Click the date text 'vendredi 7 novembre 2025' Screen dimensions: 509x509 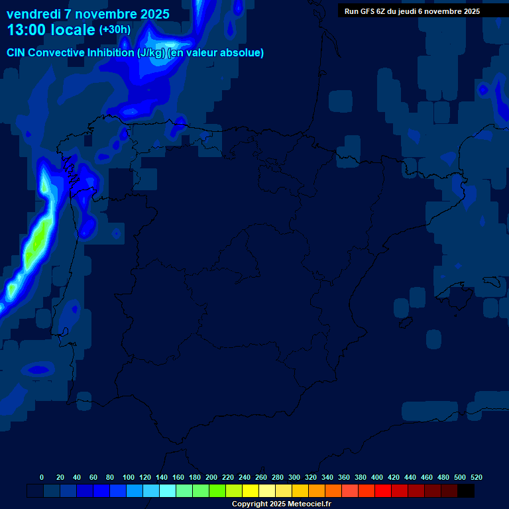[x=88, y=14]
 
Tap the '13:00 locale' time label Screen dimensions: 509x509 [x=51, y=30]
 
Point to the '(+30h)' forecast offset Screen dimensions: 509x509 [x=115, y=30]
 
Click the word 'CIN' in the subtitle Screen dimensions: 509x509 [x=16, y=53]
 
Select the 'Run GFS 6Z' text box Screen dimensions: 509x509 [x=412, y=11]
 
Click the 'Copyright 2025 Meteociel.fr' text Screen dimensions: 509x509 [x=281, y=504]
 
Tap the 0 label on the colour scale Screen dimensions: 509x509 [x=42, y=477]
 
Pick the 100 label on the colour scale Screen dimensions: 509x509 [x=129, y=477]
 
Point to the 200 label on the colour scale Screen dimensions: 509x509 [x=211, y=477]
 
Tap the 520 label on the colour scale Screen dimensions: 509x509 [x=476, y=477]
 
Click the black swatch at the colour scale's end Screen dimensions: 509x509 [x=466, y=491]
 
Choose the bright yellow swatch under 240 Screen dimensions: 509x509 [x=251, y=491]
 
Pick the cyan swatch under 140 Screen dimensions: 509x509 [x=168, y=491]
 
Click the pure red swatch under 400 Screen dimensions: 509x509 [x=383, y=491]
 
